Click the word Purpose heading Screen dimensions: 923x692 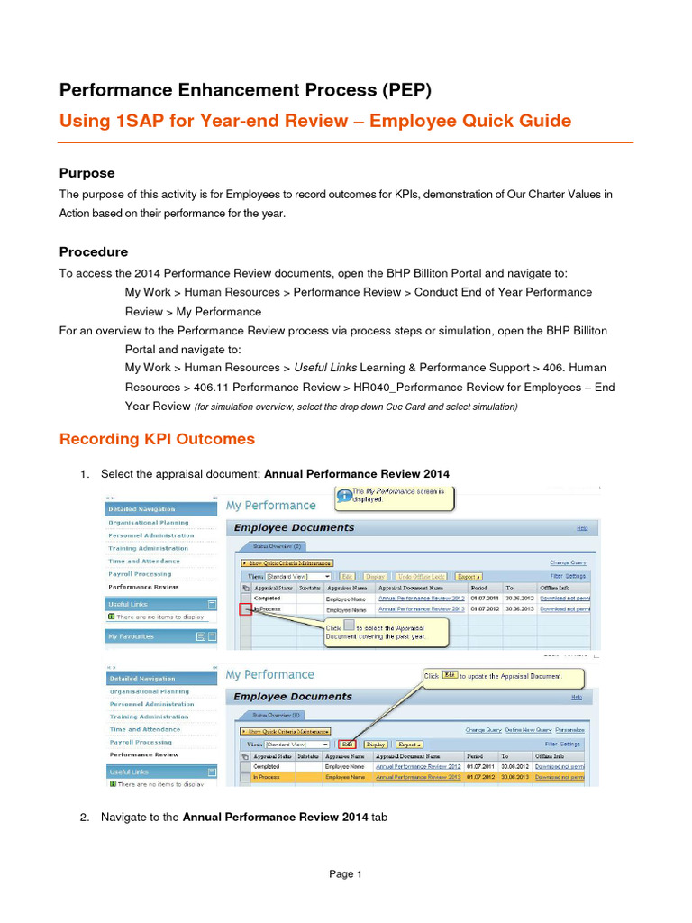pyautogui.click(x=86, y=173)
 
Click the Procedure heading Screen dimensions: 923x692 pyautogui.click(x=94, y=251)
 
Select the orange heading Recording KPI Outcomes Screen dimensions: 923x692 pyautogui.click(x=157, y=439)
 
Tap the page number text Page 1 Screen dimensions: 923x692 pyautogui.click(x=345, y=873)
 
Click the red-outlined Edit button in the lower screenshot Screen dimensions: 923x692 pyautogui.click(x=348, y=745)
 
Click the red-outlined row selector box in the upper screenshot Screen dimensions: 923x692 pyautogui.click(x=246, y=609)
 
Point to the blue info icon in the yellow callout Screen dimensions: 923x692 pyautogui.click(x=343, y=494)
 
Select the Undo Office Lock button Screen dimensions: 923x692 pyautogui.click(x=422, y=576)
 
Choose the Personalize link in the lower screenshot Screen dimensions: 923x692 pyautogui.click(x=569, y=729)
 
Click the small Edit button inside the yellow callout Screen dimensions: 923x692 pyautogui.click(x=450, y=675)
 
